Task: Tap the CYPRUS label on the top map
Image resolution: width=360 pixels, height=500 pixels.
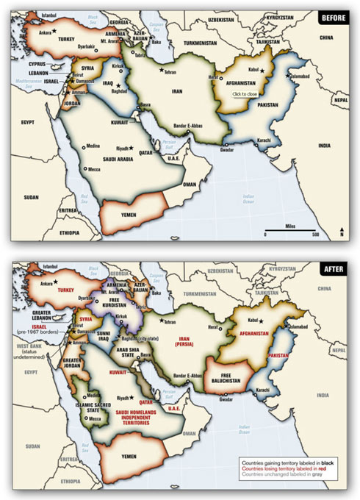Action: (x=32, y=65)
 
